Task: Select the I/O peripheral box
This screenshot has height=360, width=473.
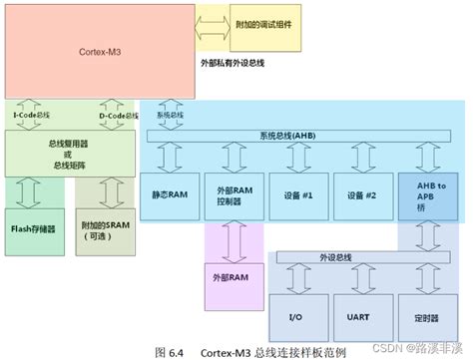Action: click(296, 317)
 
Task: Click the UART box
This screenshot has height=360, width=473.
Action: click(361, 317)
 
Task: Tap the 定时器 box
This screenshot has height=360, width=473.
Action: click(426, 317)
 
